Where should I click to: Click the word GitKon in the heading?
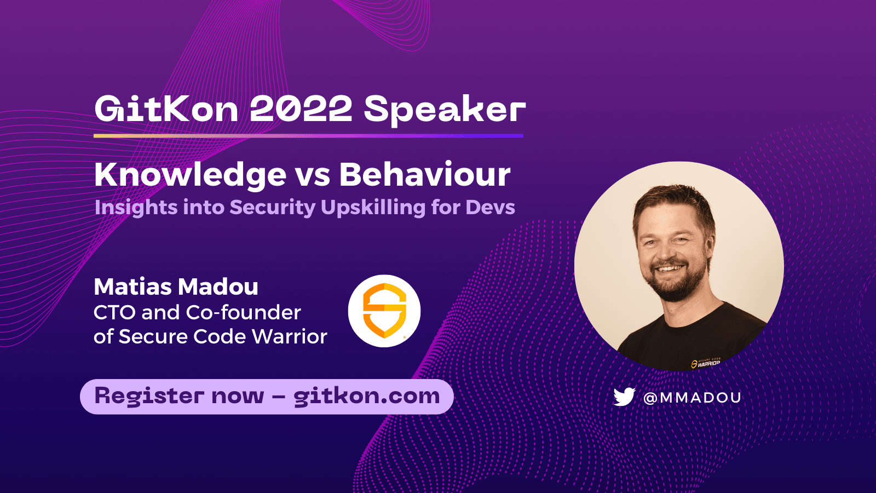(166, 109)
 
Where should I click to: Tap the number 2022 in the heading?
(301, 109)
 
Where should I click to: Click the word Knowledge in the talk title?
(190, 175)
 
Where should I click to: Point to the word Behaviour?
(424, 175)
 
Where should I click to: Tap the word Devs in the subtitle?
(490, 208)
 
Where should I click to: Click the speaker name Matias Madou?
(176, 287)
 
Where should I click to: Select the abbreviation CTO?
(114, 313)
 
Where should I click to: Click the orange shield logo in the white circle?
(384, 311)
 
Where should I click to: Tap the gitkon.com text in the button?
(366, 396)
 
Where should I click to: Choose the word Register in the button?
(149, 396)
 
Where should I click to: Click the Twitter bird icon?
(624, 397)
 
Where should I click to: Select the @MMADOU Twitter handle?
(692, 398)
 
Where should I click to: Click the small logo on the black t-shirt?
(706, 363)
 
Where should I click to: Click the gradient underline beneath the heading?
(308, 135)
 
